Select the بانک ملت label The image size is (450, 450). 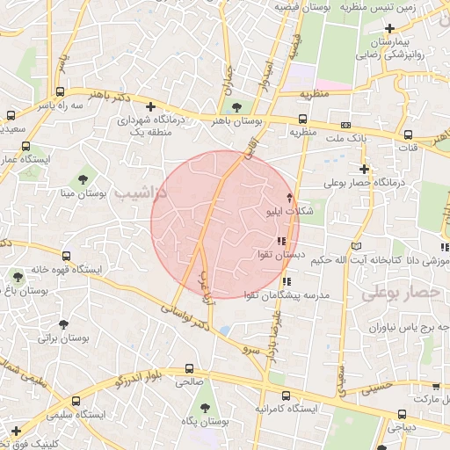coord(345,139)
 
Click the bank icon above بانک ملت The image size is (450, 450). coord(345,125)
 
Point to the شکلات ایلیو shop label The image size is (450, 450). coord(288,211)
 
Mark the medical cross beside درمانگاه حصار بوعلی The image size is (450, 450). coord(364,169)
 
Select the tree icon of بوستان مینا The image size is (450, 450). coord(83,178)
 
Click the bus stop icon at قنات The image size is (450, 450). coord(408,134)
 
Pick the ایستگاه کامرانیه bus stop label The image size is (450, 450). coord(284,410)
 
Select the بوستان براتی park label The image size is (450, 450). coord(63,337)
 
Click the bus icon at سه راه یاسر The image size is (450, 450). coord(60,91)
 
